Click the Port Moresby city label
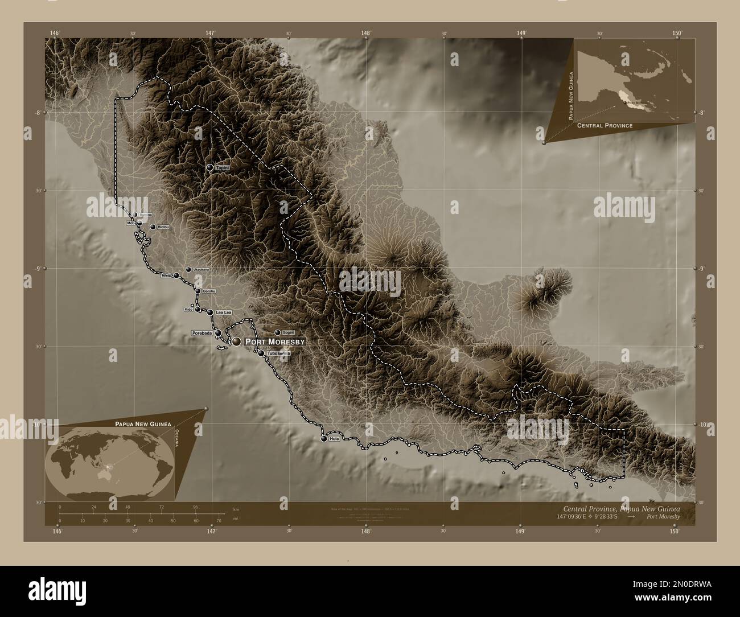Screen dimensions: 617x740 coord(275,342)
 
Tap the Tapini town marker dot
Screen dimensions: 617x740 coord(210,167)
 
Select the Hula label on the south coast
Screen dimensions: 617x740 coord(334,439)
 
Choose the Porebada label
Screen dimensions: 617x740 coord(202,333)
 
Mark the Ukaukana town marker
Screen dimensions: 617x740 coord(188,270)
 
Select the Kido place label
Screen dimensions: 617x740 coord(188,309)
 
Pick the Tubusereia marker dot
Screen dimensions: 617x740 coord(261,353)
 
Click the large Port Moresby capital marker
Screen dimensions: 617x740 coord(236,342)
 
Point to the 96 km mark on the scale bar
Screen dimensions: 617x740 coord(196,507)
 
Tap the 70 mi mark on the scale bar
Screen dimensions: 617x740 coord(219,520)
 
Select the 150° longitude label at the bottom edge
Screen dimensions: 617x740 coord(674,532)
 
